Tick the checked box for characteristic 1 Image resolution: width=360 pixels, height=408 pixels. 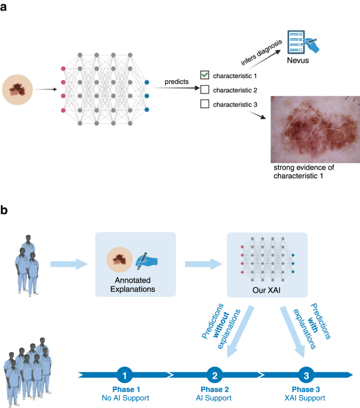click(204, 75)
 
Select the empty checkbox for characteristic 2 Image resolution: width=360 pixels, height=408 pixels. click(204, 90)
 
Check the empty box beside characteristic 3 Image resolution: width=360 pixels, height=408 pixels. click(204, 105)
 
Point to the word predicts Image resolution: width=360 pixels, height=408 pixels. click(177, 80)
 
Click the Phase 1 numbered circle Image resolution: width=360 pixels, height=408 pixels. click(123, 375)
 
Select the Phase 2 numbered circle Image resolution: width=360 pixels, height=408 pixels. click(215, 375)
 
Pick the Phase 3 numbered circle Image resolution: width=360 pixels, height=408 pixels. click(305, 375)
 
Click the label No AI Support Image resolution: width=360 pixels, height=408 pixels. click(123, 396)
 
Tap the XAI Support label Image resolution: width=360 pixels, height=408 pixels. click(305, 396)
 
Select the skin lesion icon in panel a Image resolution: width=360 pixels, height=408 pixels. click(18, 90)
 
